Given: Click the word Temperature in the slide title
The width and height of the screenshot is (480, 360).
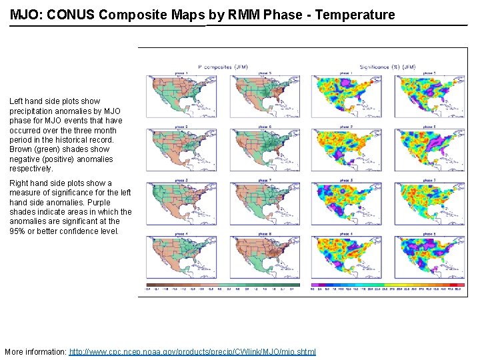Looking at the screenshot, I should [x=355, y=15].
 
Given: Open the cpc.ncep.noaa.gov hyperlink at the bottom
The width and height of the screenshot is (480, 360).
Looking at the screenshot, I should [x=193, y=351].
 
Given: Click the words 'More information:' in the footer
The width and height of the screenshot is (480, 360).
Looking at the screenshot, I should [x=35, y=351].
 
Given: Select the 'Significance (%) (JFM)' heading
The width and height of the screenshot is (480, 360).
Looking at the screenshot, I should [x=387, y=67].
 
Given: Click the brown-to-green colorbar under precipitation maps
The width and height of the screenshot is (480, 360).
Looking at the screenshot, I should [x=221, y=285].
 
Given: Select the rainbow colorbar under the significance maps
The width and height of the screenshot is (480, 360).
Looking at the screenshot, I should [x=387, y=285].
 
